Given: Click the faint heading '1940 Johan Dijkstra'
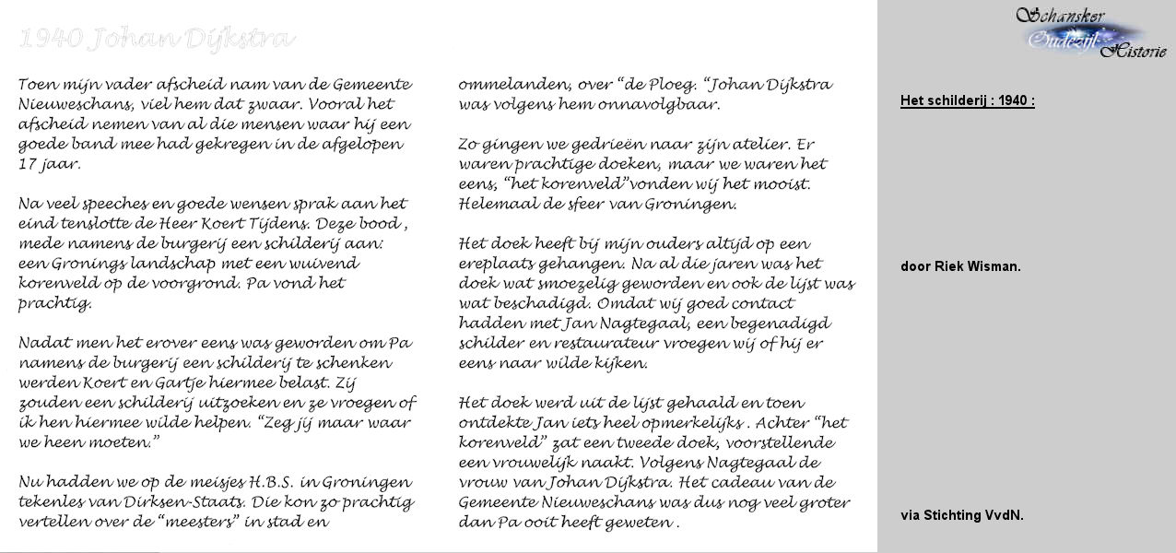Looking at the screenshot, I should (x=156, y=39).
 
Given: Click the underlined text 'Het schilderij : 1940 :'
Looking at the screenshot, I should (x=967, y=100).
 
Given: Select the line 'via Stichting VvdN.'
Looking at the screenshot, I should (x=961, y=515).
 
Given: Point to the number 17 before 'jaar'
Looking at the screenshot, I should (x=29, y=164).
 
